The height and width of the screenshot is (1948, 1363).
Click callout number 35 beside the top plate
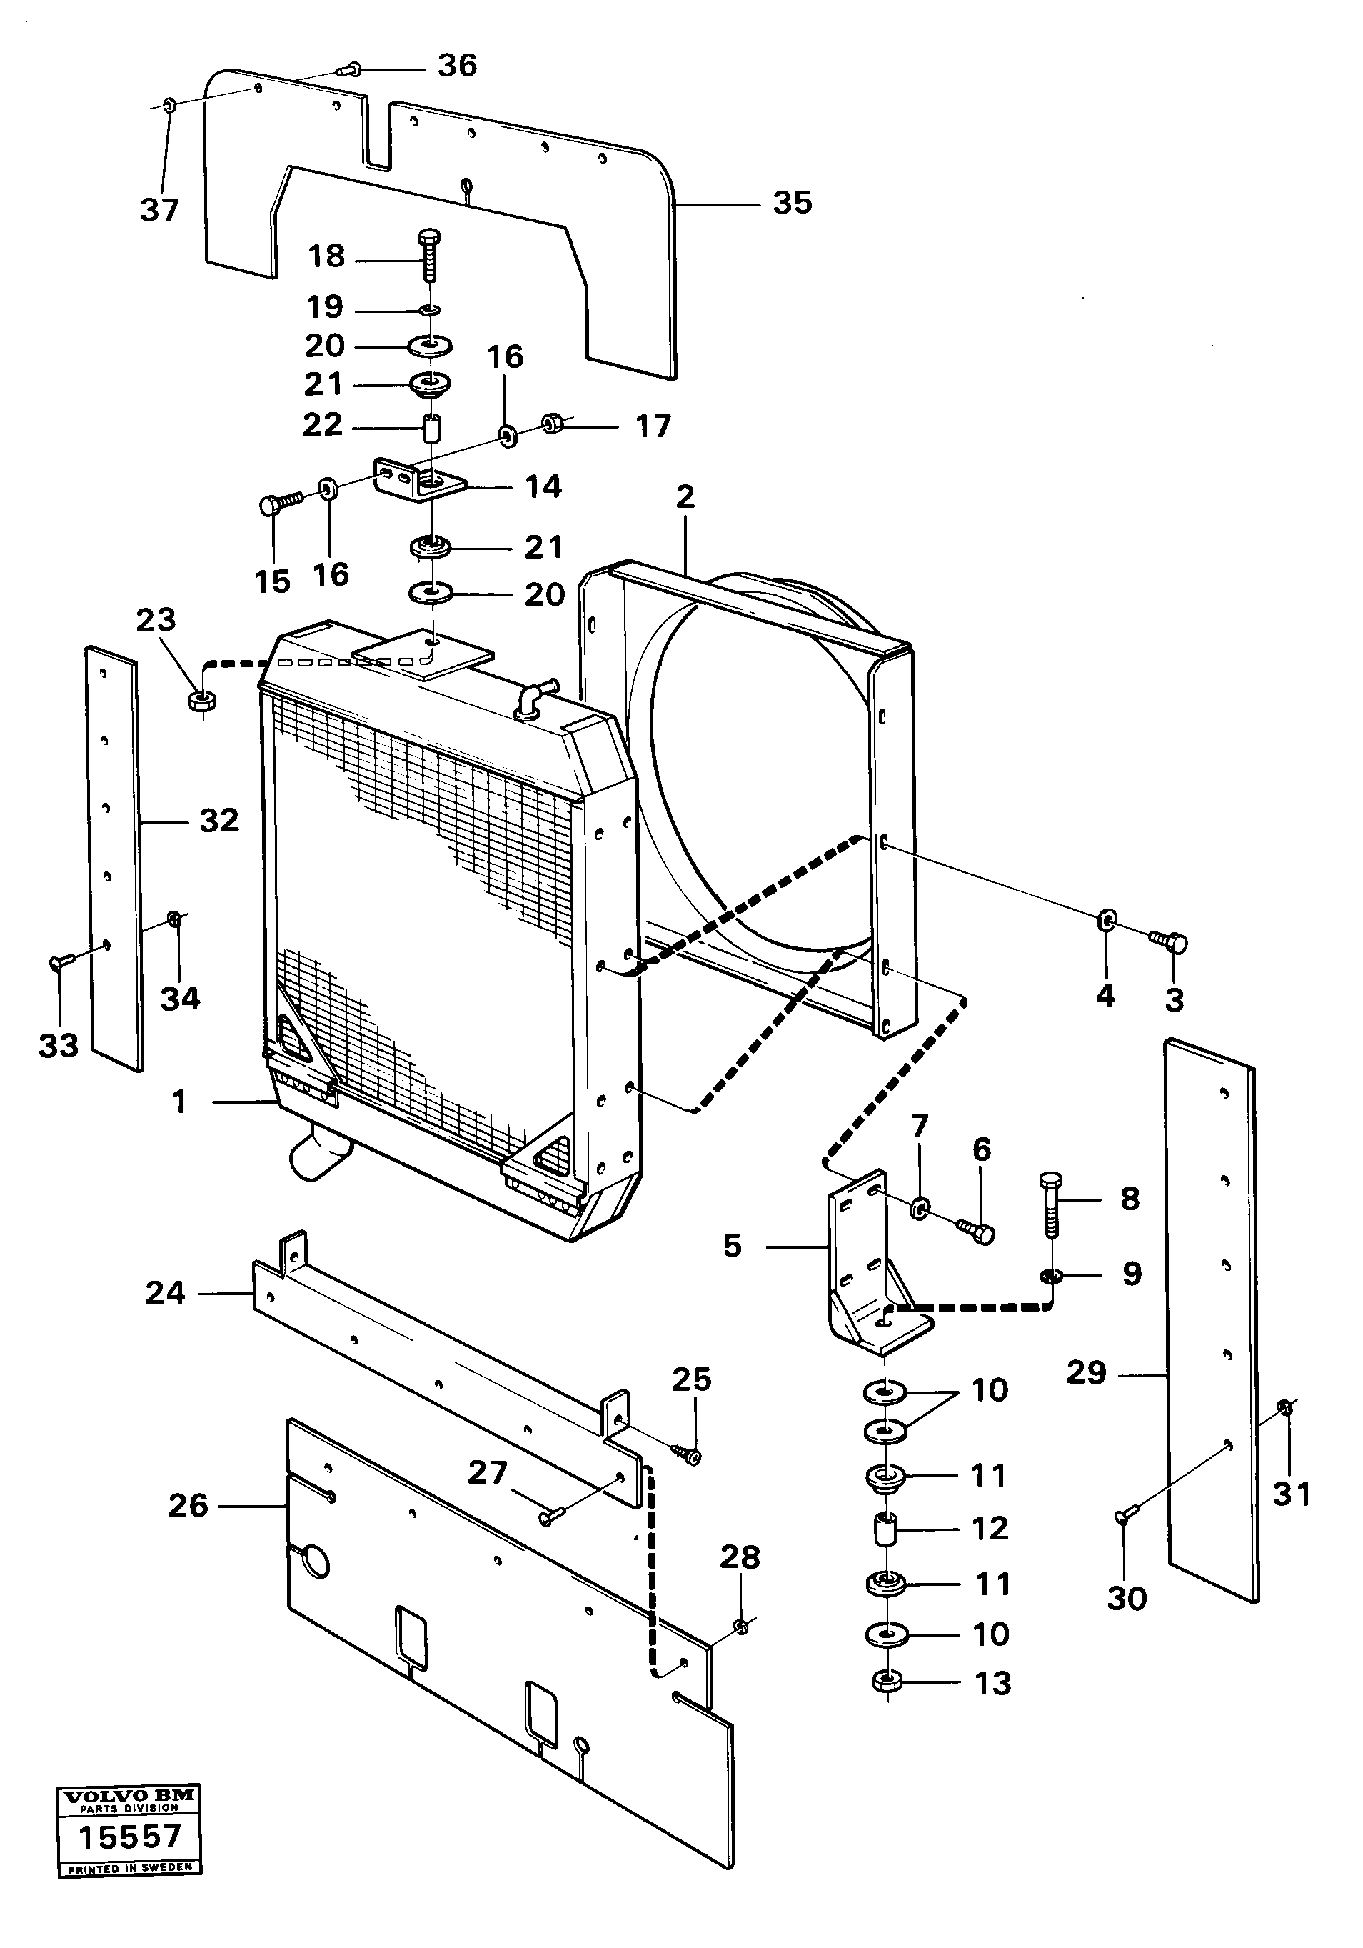coord(791,203)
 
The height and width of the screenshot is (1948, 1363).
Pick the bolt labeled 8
coord(1050,1202)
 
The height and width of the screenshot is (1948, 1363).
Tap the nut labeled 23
coord(202,701)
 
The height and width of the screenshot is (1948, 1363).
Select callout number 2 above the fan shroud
coord(685,497)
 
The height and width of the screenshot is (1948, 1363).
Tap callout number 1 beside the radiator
coord(179,1102)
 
